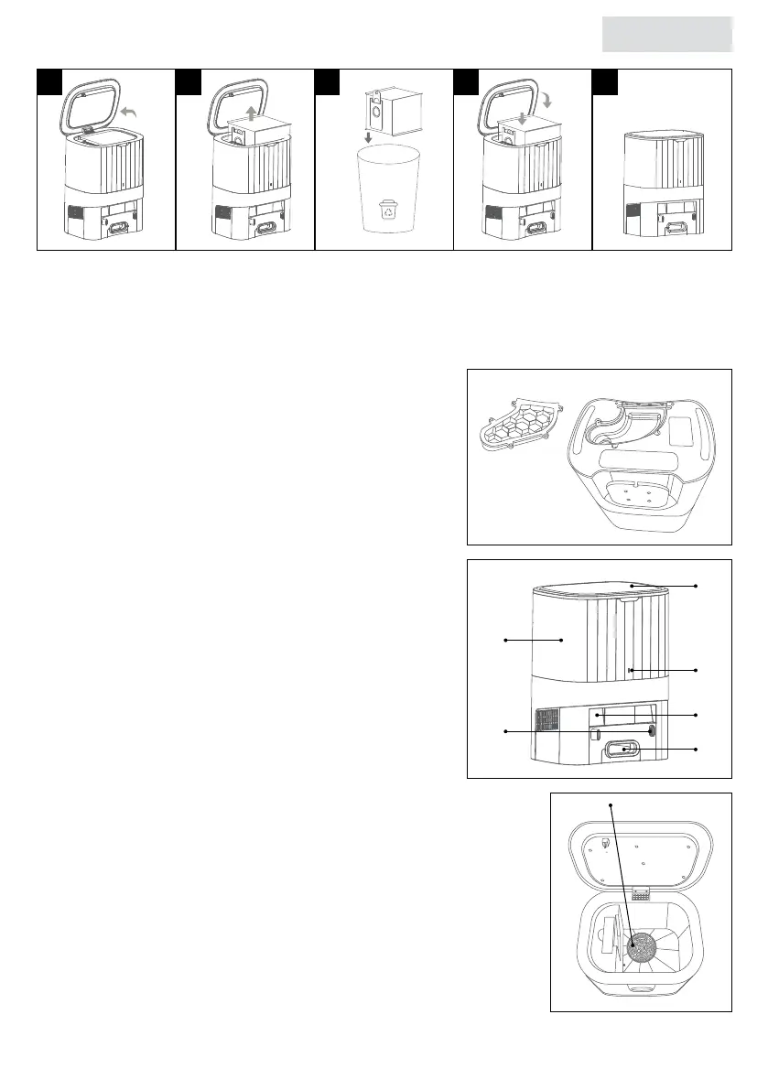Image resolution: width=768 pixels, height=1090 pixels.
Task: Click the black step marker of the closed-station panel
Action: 605,81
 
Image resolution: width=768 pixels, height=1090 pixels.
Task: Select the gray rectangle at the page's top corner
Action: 668,34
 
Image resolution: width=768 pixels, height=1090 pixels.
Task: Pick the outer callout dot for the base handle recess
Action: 698,750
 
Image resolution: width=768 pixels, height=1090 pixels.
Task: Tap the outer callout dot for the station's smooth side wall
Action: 505,641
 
